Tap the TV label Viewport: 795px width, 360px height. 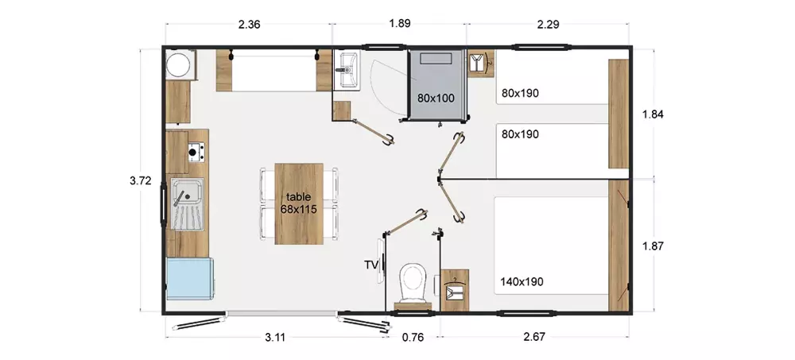point(370,264)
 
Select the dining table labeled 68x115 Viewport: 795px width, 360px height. point(299,203)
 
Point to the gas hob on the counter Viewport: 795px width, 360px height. point(196,152)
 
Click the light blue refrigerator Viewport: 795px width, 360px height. point(188,278)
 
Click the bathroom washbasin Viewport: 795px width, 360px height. point(347,69)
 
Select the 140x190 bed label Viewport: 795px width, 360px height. point(522,281)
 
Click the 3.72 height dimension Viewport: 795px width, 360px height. point(141,180)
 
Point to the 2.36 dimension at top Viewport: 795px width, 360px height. point(249,24)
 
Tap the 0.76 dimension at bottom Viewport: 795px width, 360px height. point(413,337)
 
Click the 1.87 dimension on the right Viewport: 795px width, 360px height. point(653,246)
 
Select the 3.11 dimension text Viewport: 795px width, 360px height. point(275,337)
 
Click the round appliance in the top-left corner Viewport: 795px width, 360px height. point(179,65)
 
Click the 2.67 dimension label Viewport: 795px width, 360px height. point(534,337)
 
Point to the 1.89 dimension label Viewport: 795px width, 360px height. point(400,23)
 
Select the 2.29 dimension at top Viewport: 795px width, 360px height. point(548,24)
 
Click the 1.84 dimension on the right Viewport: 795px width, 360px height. point(653,114)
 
